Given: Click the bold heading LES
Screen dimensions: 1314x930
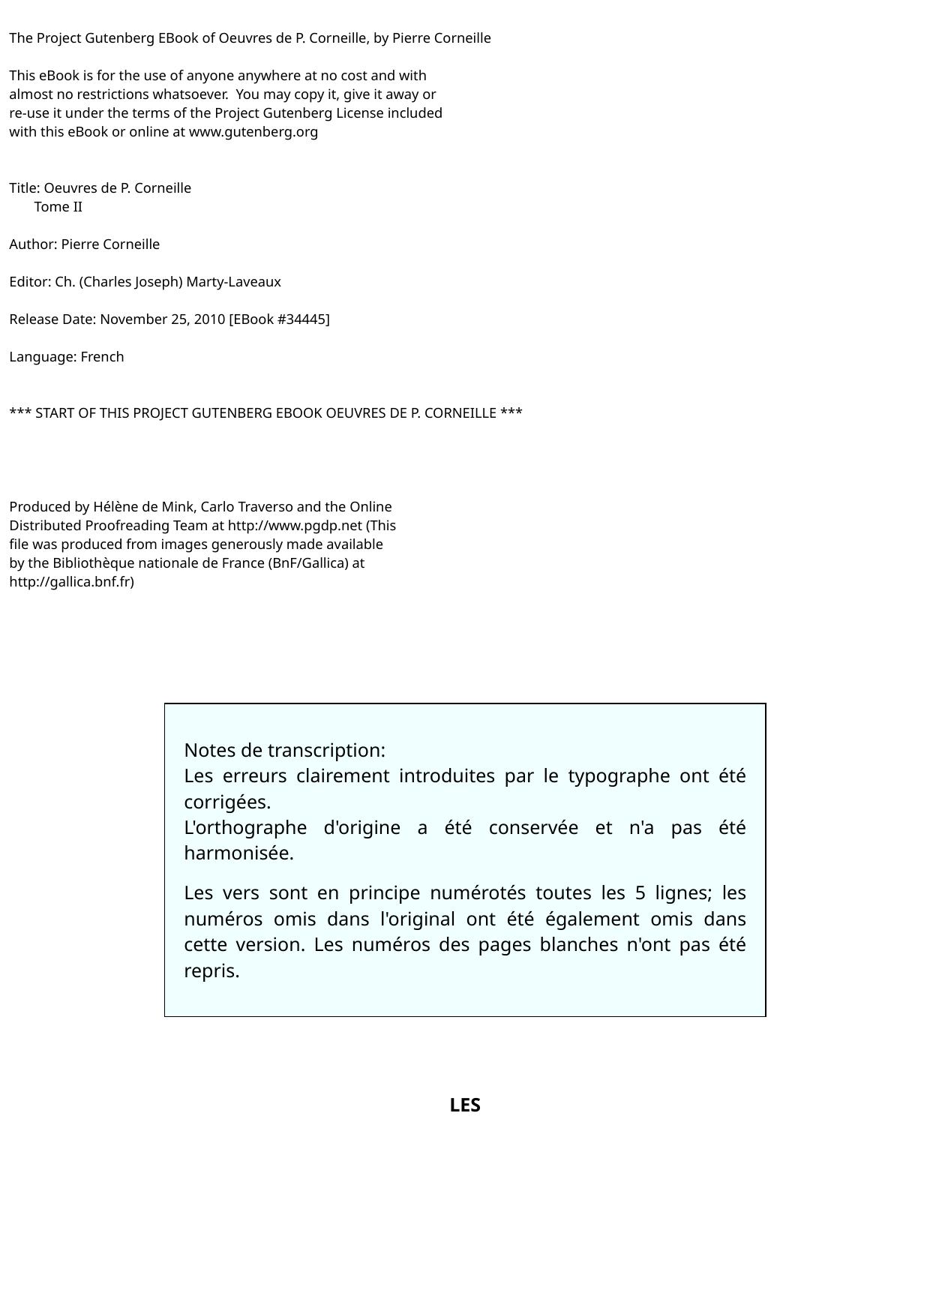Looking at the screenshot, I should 465,1105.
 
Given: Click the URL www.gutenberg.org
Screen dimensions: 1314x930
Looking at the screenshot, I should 253,132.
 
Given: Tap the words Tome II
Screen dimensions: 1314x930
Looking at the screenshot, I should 58,207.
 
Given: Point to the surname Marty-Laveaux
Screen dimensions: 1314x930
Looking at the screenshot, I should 233,282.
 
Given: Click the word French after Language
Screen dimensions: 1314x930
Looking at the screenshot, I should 102,357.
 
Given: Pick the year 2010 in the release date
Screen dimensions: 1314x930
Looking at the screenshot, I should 209,319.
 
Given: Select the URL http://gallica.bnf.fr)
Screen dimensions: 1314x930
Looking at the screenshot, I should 72,582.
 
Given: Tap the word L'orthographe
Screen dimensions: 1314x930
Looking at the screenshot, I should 245,827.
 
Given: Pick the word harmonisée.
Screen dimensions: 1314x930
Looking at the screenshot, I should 238,853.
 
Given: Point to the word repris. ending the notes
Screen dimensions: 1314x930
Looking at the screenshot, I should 211,970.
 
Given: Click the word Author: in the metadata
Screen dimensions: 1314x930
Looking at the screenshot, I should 33,244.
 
